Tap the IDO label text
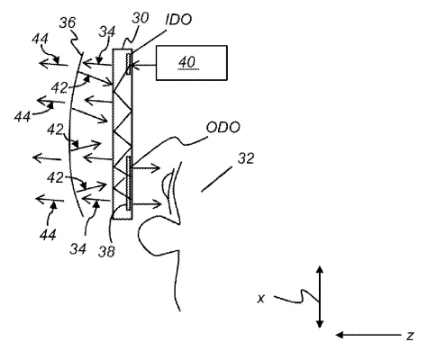[178, 20]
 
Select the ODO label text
[223, 128]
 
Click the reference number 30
[141, 18]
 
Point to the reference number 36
[68, 22]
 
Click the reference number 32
[246, 158]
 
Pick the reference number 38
[106, 251]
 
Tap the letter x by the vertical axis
[261, 299]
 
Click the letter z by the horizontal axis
[410, 336]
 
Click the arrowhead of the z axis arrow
[340, 335]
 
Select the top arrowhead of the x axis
[320, 269]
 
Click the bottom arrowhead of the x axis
[320, 324]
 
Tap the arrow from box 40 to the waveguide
[143, 64]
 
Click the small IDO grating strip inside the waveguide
[129, 64]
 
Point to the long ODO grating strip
[129, 183]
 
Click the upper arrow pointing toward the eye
[146, 168]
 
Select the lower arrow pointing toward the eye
[147, 204]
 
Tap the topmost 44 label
[40, 39]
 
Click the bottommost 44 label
[48, 235]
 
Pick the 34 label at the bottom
[78, 249]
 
